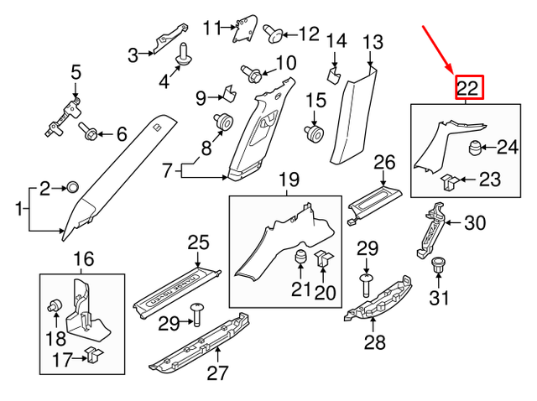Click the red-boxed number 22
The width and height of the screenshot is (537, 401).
coord(469,86)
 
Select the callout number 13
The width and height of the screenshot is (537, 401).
coord(372,41)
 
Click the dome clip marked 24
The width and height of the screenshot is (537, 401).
coord(475,149)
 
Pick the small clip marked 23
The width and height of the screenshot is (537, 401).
coord(449,179)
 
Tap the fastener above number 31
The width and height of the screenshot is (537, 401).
coord(437,267)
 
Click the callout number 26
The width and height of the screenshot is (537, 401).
coord(383,161)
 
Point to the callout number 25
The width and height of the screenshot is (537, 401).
coord(197,243)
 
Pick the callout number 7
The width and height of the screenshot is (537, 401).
coord(167,171)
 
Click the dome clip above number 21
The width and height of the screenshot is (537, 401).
coord(300,258)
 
